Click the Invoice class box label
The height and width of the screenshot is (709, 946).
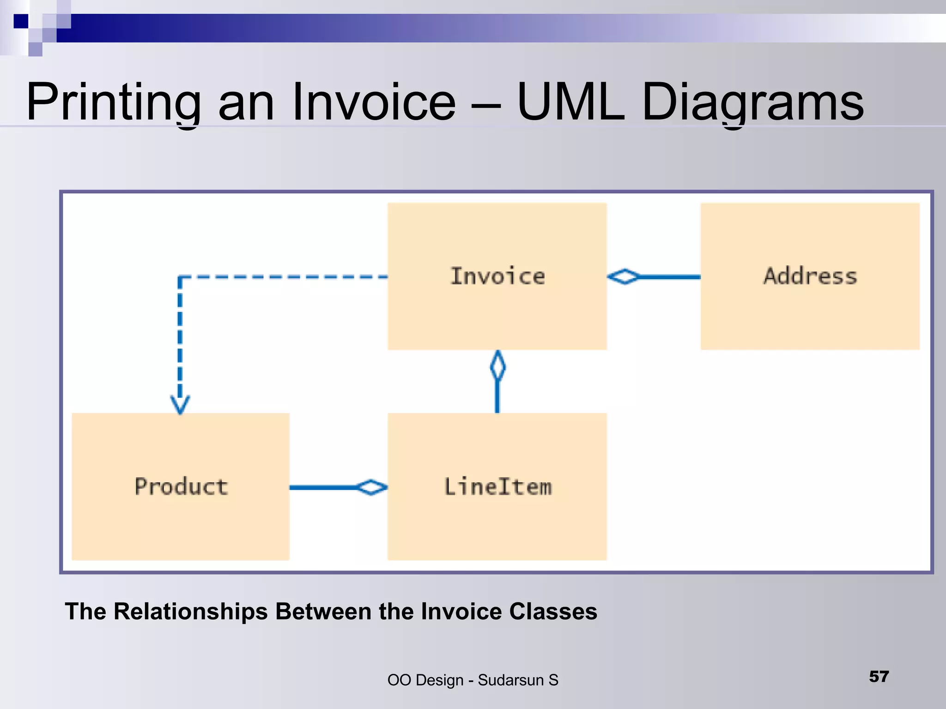coord(497,276)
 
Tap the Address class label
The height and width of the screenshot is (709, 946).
coord(810,276)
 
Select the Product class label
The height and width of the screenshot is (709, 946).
coord(181,487)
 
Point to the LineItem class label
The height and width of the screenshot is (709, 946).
coord(497,487)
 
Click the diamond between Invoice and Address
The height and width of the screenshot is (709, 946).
coord(624,277)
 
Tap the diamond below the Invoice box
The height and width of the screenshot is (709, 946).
coord(497,366)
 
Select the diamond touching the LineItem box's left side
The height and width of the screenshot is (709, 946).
coord(372,487)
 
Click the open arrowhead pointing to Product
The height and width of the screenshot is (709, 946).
coord(180,405)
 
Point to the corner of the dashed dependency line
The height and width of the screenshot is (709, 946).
coord(180,277)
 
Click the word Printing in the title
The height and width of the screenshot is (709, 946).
coord(113,102)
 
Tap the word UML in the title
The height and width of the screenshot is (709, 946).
coord(570,102)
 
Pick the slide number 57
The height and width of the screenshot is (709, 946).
coord(879,677)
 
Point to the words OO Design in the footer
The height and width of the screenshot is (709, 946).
coord(425,680)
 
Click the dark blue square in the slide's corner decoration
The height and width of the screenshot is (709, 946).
coord(21,21)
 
